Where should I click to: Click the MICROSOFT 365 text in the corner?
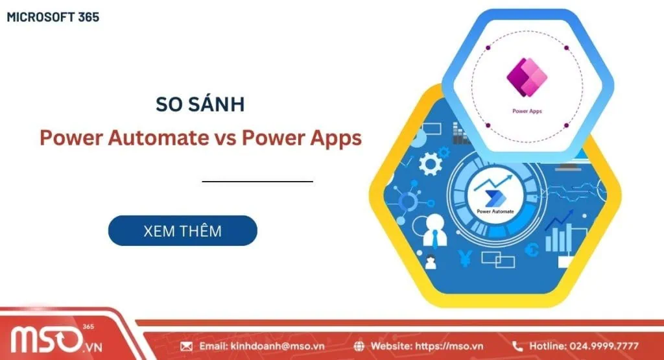53,18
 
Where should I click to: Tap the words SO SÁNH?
200,104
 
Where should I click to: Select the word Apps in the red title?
336,139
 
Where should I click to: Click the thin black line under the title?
257,181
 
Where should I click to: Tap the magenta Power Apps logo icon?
527,77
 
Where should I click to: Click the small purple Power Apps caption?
527,111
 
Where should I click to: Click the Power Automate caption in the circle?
495,211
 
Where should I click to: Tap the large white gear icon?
431,164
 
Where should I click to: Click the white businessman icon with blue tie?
434,231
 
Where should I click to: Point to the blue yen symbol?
465,258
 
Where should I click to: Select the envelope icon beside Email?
186,346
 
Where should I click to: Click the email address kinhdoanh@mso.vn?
278,346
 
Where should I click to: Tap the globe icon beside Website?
359,346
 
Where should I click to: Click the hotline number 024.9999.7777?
604,346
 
